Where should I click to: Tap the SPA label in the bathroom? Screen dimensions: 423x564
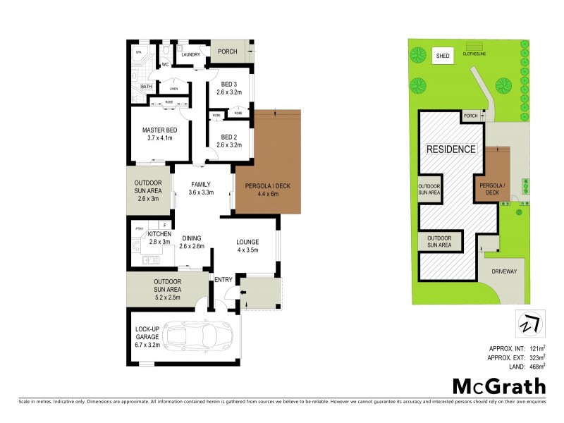[138, 53]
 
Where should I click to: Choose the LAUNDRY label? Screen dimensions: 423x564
[191, 54]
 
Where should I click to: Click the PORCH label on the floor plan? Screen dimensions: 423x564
[228, 51]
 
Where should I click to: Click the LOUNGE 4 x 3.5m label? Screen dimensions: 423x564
[247, 245]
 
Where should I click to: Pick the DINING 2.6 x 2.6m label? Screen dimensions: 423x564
[191, 242]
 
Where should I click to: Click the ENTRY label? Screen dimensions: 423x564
[223, 280]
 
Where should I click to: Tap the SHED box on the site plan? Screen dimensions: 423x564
[442, 56]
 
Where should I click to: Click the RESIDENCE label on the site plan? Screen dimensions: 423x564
[450, 149]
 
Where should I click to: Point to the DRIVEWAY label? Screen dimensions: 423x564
[502, 270]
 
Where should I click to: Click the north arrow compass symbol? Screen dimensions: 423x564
[528, 323]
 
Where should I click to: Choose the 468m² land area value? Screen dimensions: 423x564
[535, 365]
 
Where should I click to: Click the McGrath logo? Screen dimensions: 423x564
[498, 386]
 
